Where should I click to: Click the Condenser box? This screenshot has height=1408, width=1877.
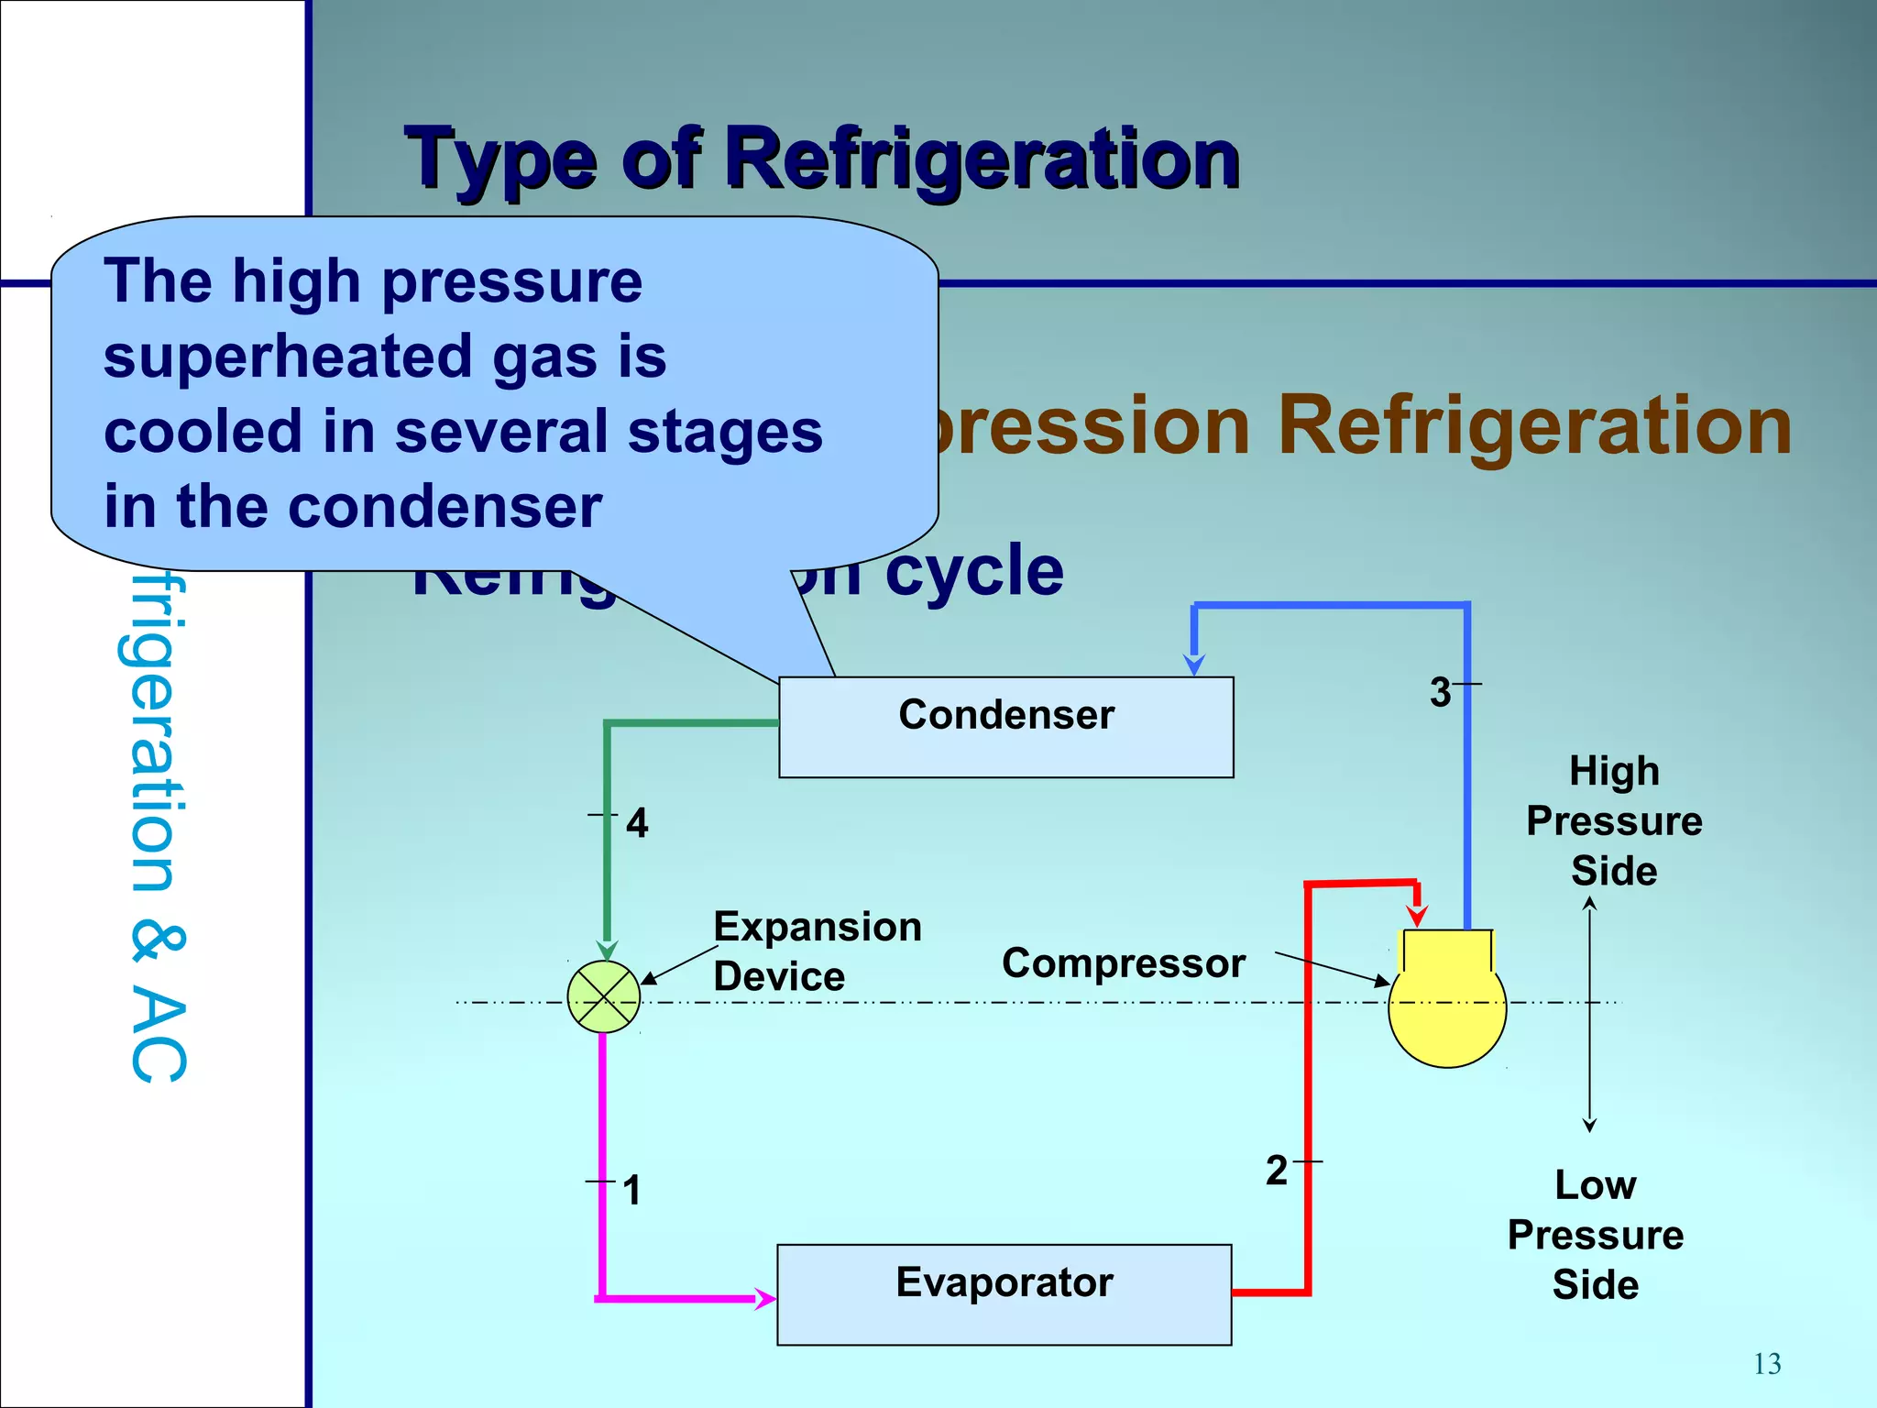click(1005, 727)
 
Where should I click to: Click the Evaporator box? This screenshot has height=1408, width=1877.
click(1004, 1293)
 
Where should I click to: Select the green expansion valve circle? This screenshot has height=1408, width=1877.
click(603, 997)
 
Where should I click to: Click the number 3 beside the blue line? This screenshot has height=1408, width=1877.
click(1440, 692)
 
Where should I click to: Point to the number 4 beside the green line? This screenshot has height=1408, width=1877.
click(637, 822)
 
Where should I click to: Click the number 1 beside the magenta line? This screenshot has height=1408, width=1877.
click(631, 1190)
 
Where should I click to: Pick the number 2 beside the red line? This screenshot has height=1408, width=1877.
click(1277, 1171)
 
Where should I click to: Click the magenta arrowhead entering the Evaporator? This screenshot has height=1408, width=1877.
click(764, 1298)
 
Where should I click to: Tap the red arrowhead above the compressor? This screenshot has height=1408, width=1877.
click(1417, 914)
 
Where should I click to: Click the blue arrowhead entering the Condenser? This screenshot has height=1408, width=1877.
click(1193, 664)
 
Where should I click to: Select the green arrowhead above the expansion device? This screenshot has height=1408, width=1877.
click(607, 949)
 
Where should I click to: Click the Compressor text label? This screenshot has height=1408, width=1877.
click(1123, 963)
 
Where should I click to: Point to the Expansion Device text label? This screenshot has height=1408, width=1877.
click(816, 951)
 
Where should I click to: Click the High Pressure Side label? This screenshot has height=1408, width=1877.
click(1613, 820)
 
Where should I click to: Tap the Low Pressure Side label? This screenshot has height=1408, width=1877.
click(1595, 1235)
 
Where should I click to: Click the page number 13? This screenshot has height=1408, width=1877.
click(1767, 1364)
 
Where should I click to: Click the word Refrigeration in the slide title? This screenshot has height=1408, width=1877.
click(981, 159)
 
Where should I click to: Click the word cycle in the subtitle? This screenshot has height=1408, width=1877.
click(974, 570)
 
